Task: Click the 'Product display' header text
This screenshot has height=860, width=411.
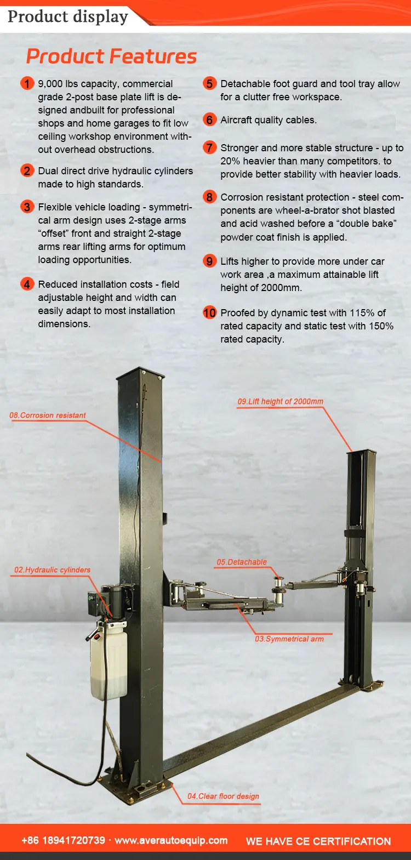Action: (68, 16)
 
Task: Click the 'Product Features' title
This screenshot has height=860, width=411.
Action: (111, 56)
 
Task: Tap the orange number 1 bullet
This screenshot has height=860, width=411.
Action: (27, 84)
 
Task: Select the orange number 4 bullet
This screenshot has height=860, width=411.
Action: (27, 284)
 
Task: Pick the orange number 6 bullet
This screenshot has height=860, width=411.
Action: (209, 119)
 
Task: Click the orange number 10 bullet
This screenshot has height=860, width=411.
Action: (209, 312)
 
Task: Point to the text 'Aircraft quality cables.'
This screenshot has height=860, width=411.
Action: (269, 120)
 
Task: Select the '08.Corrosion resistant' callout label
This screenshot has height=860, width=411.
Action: (48, 415)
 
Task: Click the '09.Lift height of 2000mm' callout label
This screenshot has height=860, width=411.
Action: (280, 401)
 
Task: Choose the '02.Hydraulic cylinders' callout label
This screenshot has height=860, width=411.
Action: (52, 570)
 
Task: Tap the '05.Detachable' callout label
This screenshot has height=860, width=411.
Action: (242, 562)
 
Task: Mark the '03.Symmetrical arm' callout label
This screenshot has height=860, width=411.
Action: (289, 639)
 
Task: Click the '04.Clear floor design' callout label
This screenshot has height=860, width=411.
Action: (223, 796)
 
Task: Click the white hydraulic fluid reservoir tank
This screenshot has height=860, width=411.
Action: (109, 663)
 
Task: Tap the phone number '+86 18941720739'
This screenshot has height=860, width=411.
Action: (63, 840)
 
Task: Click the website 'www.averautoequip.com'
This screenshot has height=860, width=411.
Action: (171, 840)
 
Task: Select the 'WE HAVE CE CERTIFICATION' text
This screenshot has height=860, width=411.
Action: (318, 841)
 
